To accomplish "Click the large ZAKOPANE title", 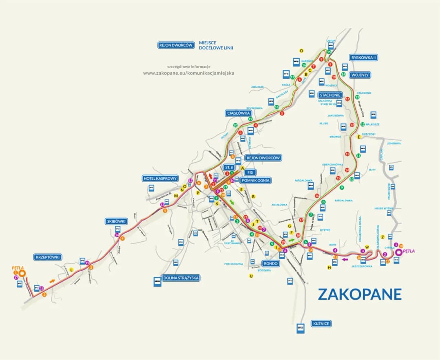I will [359, 294].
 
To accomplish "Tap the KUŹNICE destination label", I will [321, 324].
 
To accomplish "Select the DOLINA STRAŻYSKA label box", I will [181, 278].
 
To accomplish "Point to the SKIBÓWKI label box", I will [117, 221].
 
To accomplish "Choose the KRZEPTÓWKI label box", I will [48, 257].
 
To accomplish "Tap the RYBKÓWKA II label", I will [363, 57].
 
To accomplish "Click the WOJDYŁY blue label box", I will [360, 75].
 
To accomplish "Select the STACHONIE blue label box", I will [330, 95].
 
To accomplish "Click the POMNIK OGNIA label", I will [255, 180].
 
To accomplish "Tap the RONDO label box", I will [270, 263].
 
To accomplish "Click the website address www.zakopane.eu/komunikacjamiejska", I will [189, 73].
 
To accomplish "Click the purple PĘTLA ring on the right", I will [398, 252].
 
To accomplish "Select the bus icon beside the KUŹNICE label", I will [300, 328].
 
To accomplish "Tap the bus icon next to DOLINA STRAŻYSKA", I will [157, 282].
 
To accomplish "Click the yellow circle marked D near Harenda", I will [301, 51].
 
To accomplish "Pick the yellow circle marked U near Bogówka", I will [251, 276].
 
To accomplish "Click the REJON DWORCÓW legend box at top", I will [176, 45].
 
